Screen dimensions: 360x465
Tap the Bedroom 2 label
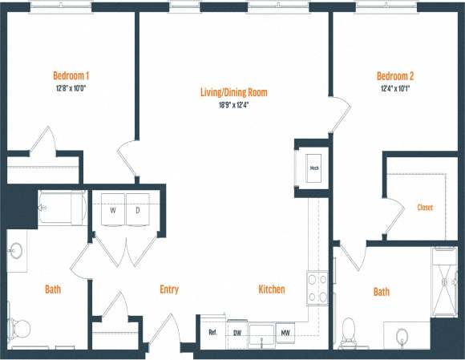(x=395, y=76)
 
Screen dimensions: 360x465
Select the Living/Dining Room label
(x=233, y=92)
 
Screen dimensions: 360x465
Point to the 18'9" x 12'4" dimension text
(x=233, y=104)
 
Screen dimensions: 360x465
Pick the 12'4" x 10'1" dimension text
(x=395, y=88)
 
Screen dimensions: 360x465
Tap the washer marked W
(x=112, y=210)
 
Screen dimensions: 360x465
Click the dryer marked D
(x=137, y=210)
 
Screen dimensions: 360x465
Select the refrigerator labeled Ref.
(x=212, y=331)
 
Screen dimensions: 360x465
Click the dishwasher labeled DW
(x=237, y=331)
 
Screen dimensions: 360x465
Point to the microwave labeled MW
(x=284, y=331)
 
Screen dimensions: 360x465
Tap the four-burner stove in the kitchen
(x=317, y=289)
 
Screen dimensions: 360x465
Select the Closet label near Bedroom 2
(x=425, y=207)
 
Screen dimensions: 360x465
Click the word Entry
(x=169, y=289)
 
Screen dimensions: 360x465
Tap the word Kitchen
(x=271, y=289)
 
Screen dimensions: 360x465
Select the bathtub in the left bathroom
(x=63, y=208)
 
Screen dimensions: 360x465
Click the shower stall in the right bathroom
(x=444, y=281)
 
